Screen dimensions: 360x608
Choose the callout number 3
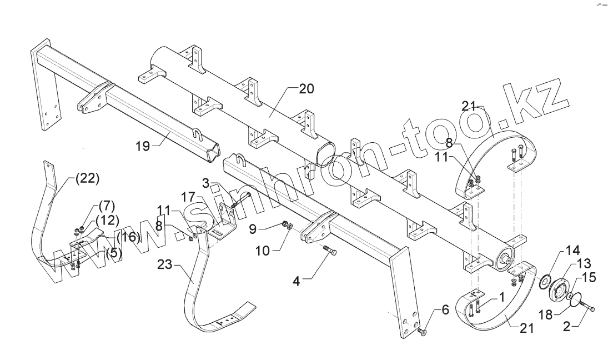pyautogui.click(x=206, y=182)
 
